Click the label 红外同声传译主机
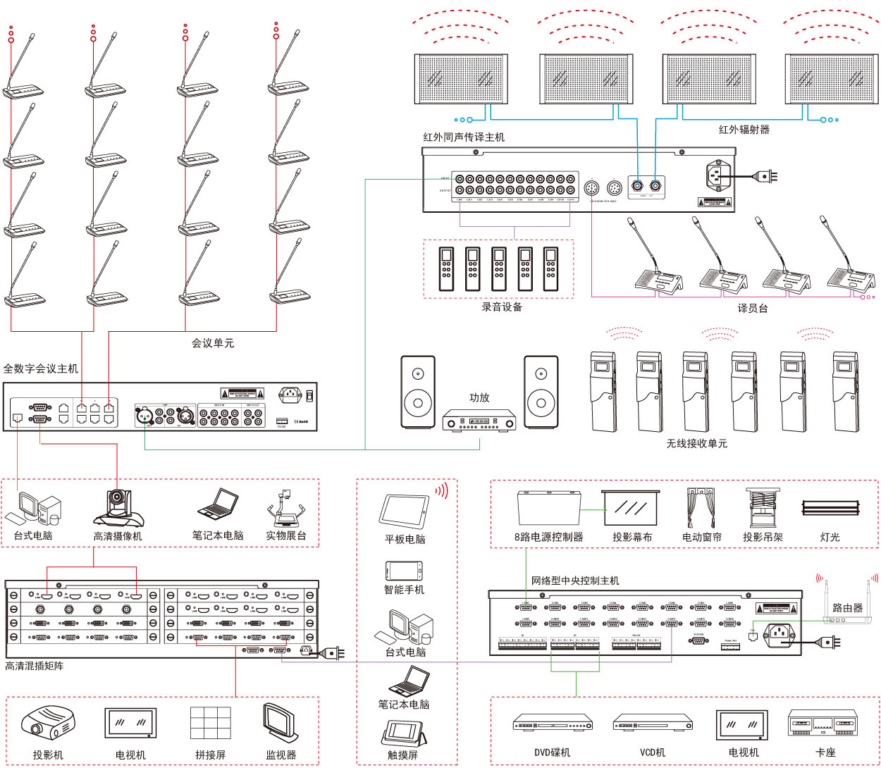463,137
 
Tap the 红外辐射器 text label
744,130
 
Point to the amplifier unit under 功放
479,421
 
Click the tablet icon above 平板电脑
405,511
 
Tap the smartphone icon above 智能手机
404,570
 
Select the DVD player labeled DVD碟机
553,724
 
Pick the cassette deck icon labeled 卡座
823,724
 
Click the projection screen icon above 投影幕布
631,508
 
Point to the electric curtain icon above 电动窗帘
701,507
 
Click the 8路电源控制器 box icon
549,508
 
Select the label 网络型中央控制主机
575,581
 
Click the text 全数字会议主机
41,368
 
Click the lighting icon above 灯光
830,508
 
